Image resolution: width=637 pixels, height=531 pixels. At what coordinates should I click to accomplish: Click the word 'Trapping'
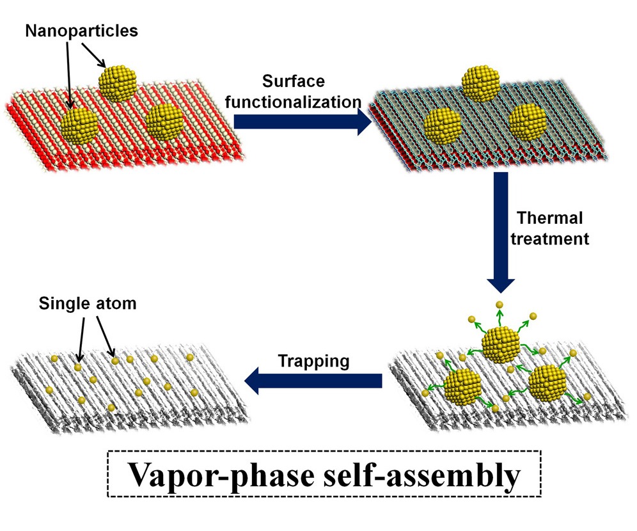pyautogui.click(x=313, y=361)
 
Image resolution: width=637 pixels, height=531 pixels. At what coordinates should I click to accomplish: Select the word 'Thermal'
pyautogui.click(x=549, y=219)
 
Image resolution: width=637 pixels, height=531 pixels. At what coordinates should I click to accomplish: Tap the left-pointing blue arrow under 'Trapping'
pyautogui.click(x=313, y=381)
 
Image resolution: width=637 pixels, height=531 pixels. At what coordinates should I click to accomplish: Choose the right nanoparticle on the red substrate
pyautogui.click(x=165, y=122)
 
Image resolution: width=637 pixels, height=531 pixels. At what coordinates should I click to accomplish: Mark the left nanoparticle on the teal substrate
pyautogui.click(x=443, y=126)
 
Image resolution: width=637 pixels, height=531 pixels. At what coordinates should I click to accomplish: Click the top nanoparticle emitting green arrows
pyautogui.click(x=501, y=344)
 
